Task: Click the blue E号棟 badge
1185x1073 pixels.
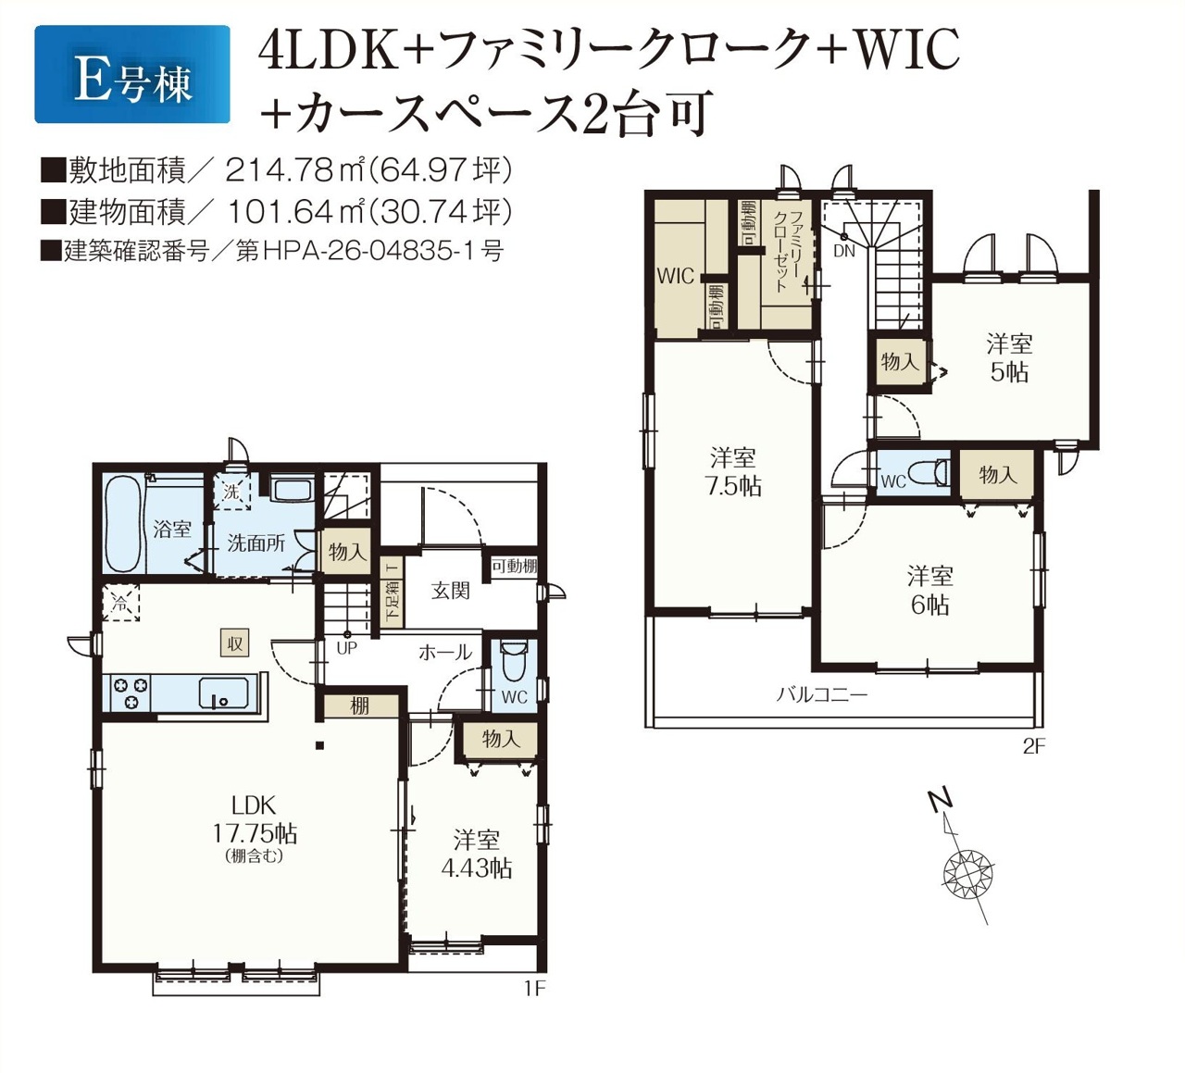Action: [132, 74]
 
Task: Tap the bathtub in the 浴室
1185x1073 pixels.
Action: [123, 523]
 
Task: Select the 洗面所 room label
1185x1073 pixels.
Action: [256, 543]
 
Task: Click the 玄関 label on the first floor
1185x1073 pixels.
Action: [450, 591]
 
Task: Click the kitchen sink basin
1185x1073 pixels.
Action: [223, 692]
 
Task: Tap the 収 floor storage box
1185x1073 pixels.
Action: [234, 643]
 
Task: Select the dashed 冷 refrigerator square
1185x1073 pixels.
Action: [120, 604]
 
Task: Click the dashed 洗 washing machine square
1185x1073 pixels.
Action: [231, 492]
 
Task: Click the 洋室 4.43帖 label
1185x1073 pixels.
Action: [477, 855]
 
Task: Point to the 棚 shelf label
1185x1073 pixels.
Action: [360, 706]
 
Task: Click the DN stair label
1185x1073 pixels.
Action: [844, 251]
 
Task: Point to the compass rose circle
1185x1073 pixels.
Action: [968, 872]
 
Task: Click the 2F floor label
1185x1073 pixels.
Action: [1034, 747]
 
